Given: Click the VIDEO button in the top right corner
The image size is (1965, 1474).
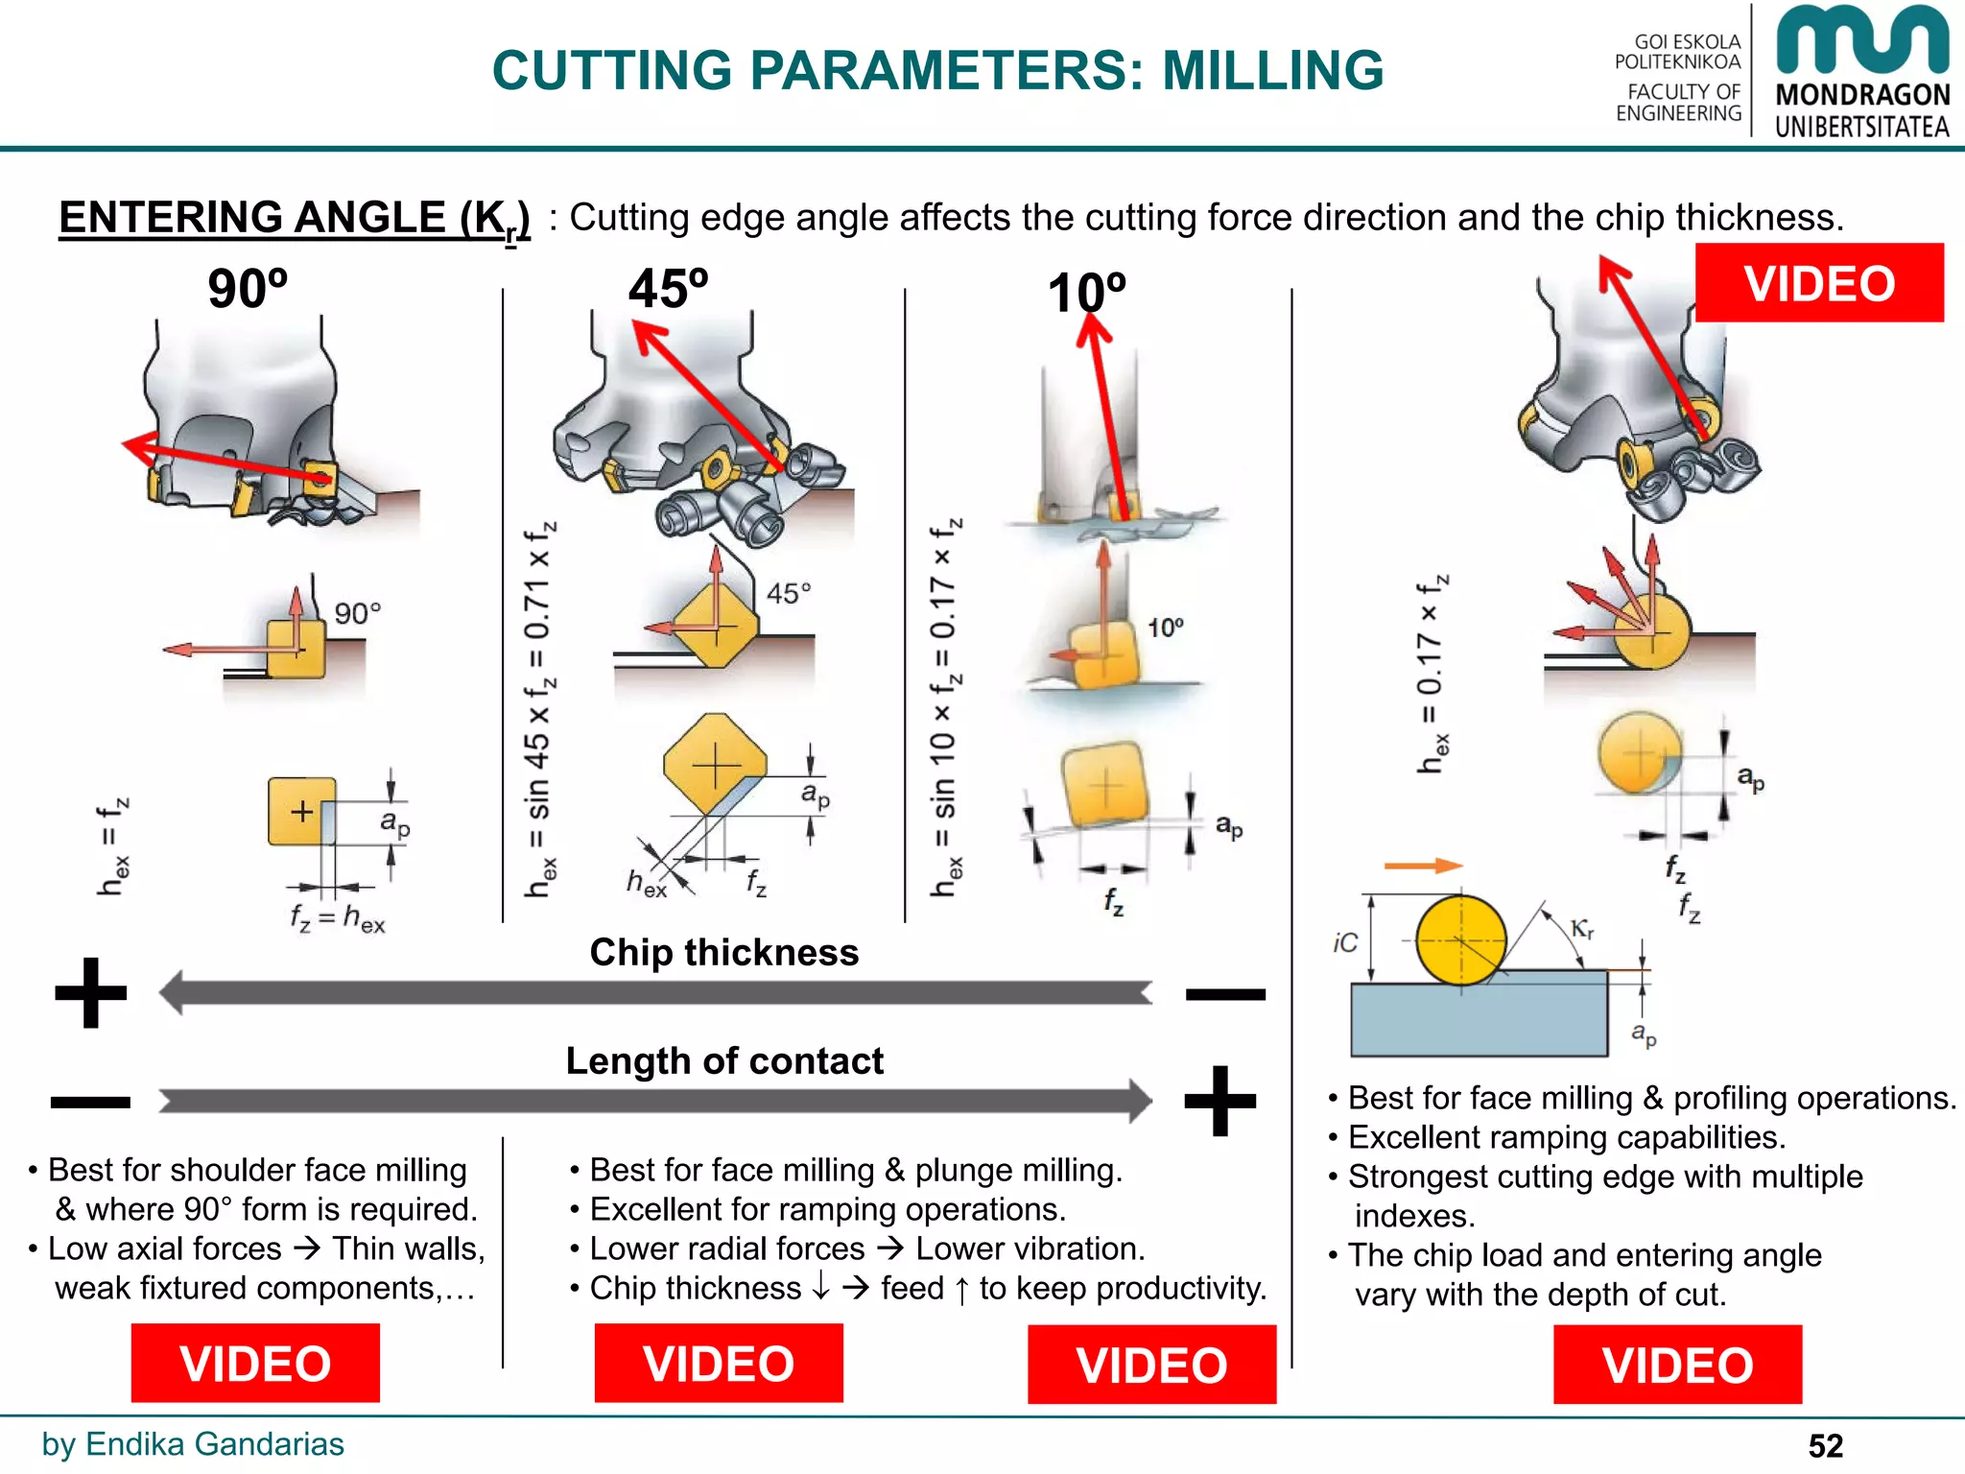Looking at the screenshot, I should pyautogui.click(x=1818, y=283).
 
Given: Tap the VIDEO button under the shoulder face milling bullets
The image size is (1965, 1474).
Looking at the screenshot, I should pyautogui.click(x=255, y=1363).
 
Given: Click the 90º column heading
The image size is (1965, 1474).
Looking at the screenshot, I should pyautogui.click(x=248, y=288).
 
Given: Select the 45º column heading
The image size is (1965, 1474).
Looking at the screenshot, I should pyautogui.click(x=668, y=288).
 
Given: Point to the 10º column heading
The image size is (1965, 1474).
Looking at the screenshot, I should pyautogui.click(x=1086, y=293).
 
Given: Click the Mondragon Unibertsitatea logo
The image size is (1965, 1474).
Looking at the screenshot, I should pyautogui.click(x=1861, y=72).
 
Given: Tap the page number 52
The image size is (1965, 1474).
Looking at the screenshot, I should pyautogui.click(x=1825, y=1445).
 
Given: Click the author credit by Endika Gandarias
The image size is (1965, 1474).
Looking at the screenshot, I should pyautogui.click(x=192, y=1443).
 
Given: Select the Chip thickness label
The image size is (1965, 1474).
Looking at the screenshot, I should pyautogui.click(x=723, y=952).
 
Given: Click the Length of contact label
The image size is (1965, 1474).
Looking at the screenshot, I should pyautogui.click(x=723, y=1060).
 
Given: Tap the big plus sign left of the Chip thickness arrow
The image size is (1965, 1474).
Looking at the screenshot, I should pyautogui.click(x=91, y=992).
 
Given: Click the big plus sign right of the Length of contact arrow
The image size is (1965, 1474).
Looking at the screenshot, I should pyautogui.click(x=1219, y=1100).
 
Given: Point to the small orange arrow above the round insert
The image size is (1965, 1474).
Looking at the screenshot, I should pyautogui.click(x=1422, y=866).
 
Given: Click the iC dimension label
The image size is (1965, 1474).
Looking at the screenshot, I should pyautogui.click(x=1345, y=943).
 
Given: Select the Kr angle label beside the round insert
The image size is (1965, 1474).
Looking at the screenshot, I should pyautogui.click(x=1582, y=929).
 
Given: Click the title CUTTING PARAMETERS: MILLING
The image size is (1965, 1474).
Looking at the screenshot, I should pyautogui.click(x=937, y=70).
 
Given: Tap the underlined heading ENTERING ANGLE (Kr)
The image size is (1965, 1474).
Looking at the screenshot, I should pyautogui.click(x=294, y=218).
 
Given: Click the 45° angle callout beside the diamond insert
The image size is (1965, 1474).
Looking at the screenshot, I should pyautogui.click(x=788, y=593).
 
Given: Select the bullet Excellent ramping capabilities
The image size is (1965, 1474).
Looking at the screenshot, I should pyautogui.click(x=1566, y=1137).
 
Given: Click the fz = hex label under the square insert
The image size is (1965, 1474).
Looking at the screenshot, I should pyautogui.click(x=337, y=919).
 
